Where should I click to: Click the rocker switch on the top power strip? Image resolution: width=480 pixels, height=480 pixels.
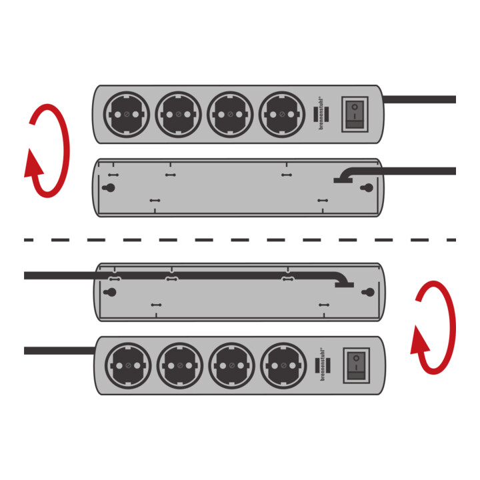coord(355,115)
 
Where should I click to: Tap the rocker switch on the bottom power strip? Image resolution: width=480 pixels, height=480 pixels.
coord(356,365)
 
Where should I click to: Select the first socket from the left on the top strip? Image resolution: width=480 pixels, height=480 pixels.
coord(127,114)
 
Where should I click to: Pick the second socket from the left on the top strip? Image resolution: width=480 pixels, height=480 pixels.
coord(178,114)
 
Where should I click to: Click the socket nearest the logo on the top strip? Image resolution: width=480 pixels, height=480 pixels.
coord(282,114)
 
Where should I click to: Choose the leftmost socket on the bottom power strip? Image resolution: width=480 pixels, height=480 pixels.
coord(128,365)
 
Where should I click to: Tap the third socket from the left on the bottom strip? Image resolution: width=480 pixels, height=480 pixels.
coord(232,365)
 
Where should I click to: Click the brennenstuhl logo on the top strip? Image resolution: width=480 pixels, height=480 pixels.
coord(321,113)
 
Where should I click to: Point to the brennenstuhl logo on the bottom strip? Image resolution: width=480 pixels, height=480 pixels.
coord(323,364)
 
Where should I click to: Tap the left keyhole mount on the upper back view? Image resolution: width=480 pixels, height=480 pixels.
coord(109,187)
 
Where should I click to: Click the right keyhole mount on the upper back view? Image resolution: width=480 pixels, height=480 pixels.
coord(367,187)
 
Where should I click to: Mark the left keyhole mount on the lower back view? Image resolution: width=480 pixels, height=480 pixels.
coord(110,292)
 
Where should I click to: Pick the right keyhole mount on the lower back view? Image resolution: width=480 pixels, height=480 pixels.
coord(368,292)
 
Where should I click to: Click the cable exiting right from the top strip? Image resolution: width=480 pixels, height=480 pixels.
coord(419,99)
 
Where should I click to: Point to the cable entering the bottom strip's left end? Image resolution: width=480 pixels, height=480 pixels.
coord(59,351)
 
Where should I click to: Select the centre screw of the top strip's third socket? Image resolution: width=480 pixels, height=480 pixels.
coord(230,114)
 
